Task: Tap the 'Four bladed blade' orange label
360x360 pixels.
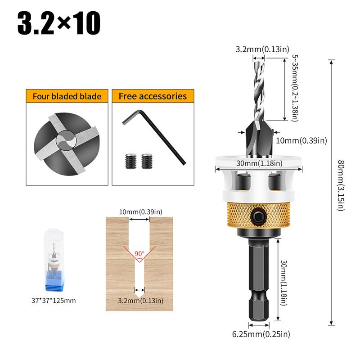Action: tap(67, 96)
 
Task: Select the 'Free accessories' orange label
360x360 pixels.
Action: tap(153, 96)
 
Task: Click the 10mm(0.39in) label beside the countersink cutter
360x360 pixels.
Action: tap(301, 140)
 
